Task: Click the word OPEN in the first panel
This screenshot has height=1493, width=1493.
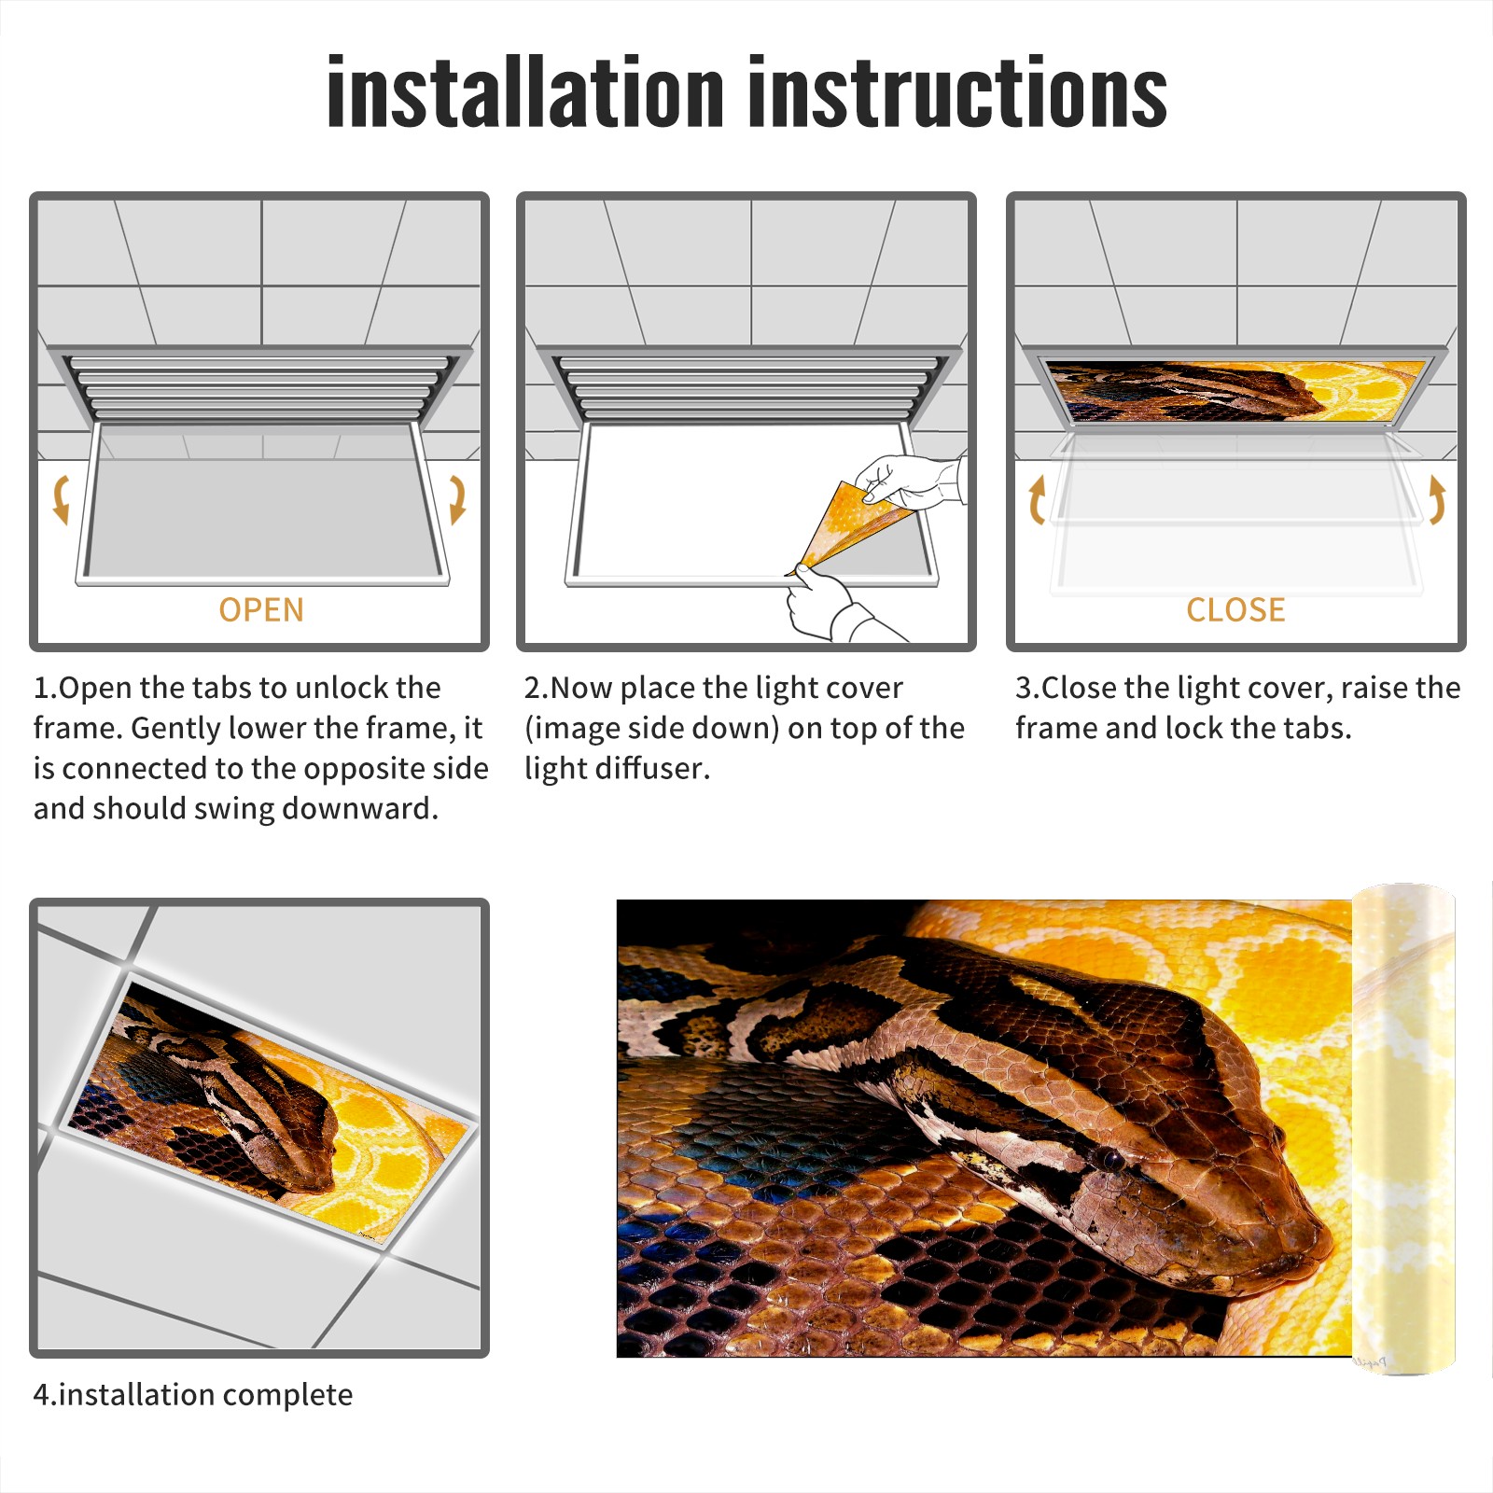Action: [x=261, y=610]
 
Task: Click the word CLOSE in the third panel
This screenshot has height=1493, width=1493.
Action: [x=1235, y=610]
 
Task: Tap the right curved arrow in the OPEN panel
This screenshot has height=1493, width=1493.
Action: [x=457, y=499]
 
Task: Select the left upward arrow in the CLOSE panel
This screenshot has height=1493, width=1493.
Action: [x=1036, y=499]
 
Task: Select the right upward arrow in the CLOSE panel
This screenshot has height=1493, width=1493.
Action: [x=1437, y=499]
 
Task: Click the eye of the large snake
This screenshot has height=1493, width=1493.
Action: [x=1110, y=1160]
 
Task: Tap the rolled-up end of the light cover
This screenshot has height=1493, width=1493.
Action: [x=1403, y=1129]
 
